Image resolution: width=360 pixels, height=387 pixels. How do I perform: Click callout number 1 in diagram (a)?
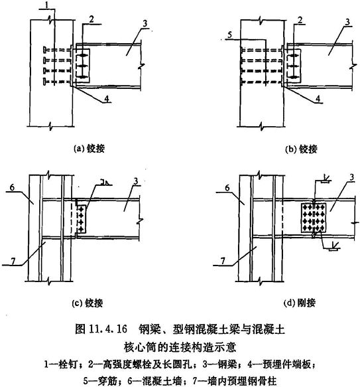pyautogui.click(x=46, y=5)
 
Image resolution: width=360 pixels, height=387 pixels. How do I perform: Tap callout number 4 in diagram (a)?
pyautogui.click(x=107, y=99)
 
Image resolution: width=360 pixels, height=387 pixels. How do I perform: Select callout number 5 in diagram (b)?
pyautogui.click(x=230, y=35)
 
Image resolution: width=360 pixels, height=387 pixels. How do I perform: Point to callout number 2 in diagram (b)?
pyautogui.click(x=300, y=20)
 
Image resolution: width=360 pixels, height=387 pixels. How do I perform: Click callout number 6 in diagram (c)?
pyautogui.click(x=12, y=187)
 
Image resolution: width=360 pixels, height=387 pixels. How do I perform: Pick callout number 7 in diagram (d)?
pyautogui.click(x=223, y=261)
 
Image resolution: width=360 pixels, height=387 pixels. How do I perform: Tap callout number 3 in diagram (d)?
pyautogui.click(x=351, y=177)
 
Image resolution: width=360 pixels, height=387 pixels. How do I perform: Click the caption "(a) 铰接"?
pyautogui.click(x=90, y=149)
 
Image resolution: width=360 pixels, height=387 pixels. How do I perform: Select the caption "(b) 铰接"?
pyautogui.click(x=300, y=149)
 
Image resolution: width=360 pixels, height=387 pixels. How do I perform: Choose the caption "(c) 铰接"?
pyautogui.click(x=88, y=303)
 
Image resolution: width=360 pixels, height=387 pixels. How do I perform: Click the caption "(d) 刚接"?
pyautogui.click(x=300, y=303)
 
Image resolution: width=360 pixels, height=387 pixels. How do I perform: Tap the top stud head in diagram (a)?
pyautogui.click(x=44, y=50)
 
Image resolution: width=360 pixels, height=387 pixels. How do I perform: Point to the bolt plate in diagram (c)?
pyautogui.click(x=82, y=219)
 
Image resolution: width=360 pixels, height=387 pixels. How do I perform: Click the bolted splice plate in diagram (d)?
pyautogui.click(x=314, y=217)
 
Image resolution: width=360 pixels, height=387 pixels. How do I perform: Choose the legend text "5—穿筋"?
pyautogui.click(x=99, y=381)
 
